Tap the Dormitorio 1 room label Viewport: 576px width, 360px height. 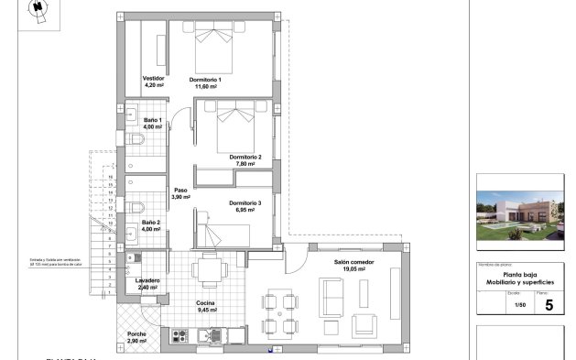206,80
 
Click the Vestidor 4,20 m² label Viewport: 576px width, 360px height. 153,82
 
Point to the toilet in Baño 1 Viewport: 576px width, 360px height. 136,140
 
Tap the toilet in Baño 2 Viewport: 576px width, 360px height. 136,205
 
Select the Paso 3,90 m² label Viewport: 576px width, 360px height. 180,193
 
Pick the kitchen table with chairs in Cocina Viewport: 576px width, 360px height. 210,270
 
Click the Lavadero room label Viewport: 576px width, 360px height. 147,280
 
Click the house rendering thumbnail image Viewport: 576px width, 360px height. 518,212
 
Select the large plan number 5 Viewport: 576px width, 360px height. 549,305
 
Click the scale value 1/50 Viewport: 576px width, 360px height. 520,305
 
